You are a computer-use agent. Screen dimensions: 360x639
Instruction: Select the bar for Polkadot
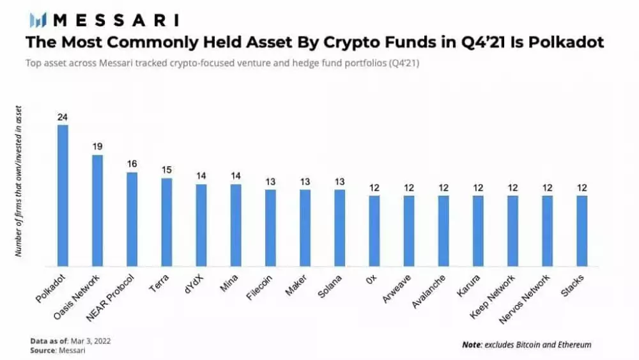(x=63, y=195)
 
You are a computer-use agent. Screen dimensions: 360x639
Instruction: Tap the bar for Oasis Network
(x=97, y=210)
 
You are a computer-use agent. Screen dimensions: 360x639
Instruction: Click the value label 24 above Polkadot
(x=63, y=117)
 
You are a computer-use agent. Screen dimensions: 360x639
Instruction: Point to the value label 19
(x=97, y=147)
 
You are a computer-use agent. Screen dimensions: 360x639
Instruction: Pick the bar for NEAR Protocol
(x=132, y=219)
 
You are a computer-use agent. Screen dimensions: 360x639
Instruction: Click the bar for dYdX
(x=201, y=225)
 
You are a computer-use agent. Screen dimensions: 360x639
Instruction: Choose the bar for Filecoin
(x=270, y=228)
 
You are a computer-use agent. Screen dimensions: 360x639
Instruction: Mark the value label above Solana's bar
(x=339, y=182)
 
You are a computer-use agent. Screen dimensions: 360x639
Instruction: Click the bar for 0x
(x=374, y=231)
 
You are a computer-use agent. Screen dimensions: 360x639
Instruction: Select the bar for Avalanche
(x=443, y=231)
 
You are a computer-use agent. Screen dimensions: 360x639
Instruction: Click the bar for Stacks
(x=581, y=231)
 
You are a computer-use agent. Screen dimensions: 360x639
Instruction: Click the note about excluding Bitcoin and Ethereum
(x=527, y=345)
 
